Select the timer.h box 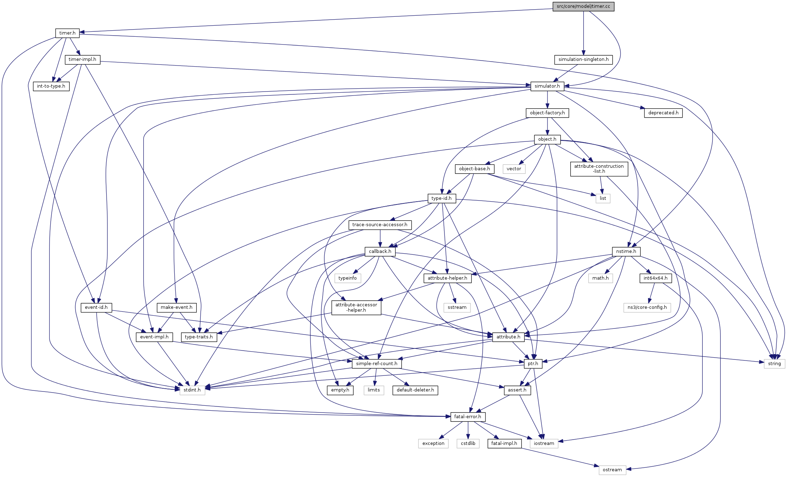tap(67, 33)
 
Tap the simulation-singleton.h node tap(583, 59)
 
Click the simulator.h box tap(547, 86)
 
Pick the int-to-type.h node tap(51, 86)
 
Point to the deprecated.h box tap(663, 113)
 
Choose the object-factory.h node tap(547, 113)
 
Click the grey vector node tap(514, 169)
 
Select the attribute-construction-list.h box tap(599, 169)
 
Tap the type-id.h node tap(441, 198)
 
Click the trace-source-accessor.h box tap(380, 225)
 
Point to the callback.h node tap(380, 252)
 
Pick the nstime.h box tap(626, 252)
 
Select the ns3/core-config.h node tap(647, 307)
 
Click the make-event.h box tap(176, 307)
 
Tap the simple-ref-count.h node tap(376, 364)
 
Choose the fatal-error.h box tap(467, 417)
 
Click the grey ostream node tap(612, 470)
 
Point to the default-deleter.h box tap(415, 390)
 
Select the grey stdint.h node tap(192, 390)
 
